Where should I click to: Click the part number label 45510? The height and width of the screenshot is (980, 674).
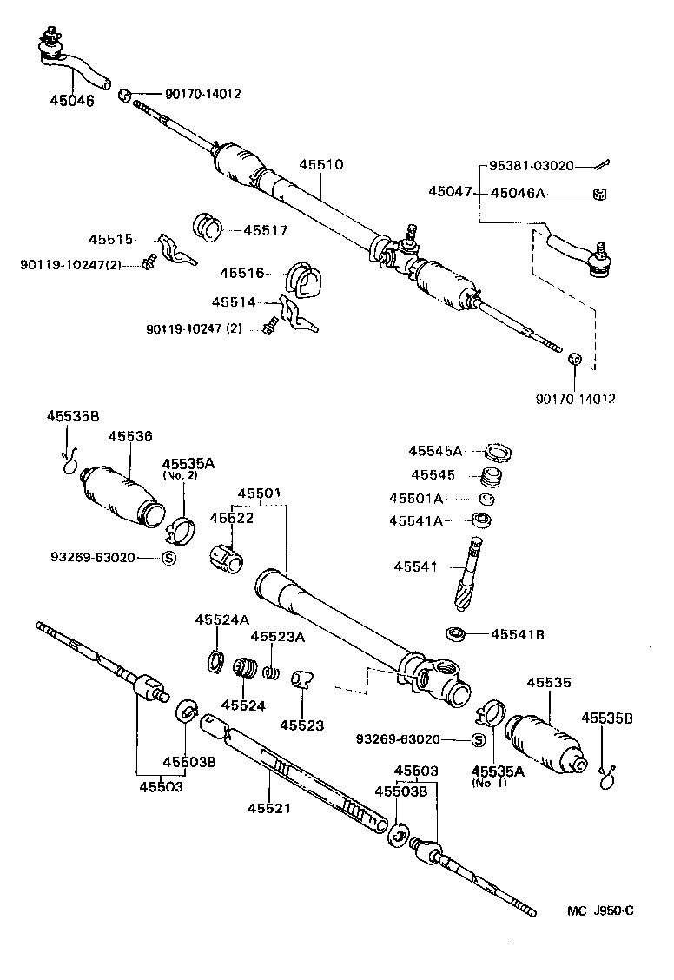[x=321, y=164]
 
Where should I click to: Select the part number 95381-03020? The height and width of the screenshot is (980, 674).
[x=531, y=166]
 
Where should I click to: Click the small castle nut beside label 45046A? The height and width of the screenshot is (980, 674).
[x=598, y=193]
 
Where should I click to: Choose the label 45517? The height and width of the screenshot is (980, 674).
[x=265, y=230]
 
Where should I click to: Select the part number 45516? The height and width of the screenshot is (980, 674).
[x=241, y=273]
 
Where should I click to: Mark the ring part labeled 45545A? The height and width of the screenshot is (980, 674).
[x=497, y=451]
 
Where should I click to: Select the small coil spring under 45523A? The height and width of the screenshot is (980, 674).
[x=272, y=671]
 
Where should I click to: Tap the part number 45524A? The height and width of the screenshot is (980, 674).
[x=221, y=619]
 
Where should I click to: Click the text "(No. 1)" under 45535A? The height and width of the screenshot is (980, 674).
[x=488, y=783]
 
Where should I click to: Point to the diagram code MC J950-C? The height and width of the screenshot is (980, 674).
[x=600, y=910]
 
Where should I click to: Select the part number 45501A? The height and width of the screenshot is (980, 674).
[x=416, y=499]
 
